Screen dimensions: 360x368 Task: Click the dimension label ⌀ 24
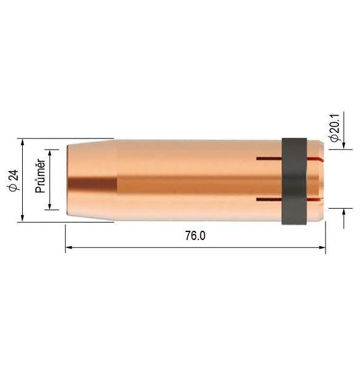(14, 180)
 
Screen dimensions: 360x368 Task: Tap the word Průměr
(40, 176)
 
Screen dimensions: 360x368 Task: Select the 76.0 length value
(195, 236)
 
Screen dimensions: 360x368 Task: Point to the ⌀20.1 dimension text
(335, 128)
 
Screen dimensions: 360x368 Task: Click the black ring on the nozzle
(294, 181)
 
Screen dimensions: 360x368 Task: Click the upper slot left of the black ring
(269, 159)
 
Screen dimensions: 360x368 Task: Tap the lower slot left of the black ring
(269, 199)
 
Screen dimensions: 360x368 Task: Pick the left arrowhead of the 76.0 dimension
(69, 247)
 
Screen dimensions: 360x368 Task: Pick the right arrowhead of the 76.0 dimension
(322, 247)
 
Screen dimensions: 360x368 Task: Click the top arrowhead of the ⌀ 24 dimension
(23, 142)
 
